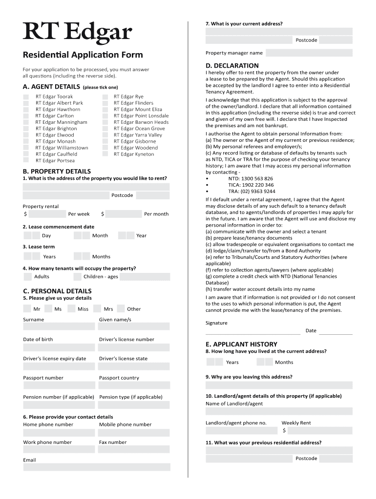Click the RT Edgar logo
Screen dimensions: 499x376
[x=77, y=33]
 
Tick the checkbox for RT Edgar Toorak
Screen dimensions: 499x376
[x=26, y=97]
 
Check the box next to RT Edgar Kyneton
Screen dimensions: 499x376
[x=105, y=154]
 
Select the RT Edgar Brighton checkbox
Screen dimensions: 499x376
[x=26, y=129]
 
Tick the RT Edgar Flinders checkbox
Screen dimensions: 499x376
[x=105, y=103]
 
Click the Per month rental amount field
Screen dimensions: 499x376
[x=123, y=214]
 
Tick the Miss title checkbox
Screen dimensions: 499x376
[x=71, y=308]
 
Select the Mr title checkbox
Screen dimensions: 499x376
[x=27, y=308]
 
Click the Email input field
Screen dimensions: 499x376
[x=97, y=467]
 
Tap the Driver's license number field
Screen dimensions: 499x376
[x=134, y=347]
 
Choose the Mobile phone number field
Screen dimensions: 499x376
[x=134, y=432]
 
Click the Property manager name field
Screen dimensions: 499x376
[x=309, y=53]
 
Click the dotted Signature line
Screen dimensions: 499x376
[x=253, y=334]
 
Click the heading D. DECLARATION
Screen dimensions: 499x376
[x=232, y=66]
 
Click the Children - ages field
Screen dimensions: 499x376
[x=145, y=277]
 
